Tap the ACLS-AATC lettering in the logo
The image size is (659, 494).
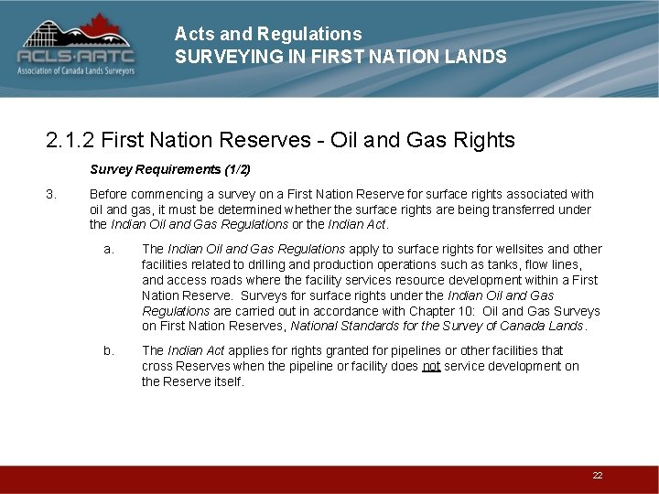pyautogui.click(x=76, y=57)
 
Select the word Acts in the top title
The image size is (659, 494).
pyautogui.click(x=191, y=34)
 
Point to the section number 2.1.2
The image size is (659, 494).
pyautogui.click(x=70, y=140)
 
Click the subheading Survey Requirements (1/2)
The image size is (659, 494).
pyautogui.click(x=170, y=169)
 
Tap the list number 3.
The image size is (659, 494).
pyautogui.click(x=51, y=194)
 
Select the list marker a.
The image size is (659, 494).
pyautogui.click(x=109, y=249)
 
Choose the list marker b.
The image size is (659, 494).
pyautogui.click(x=109, y=350)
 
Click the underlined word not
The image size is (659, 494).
pyautogui.click(x=431, y=366)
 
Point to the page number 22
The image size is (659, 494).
pyautogui.click(x=598, y=476)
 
